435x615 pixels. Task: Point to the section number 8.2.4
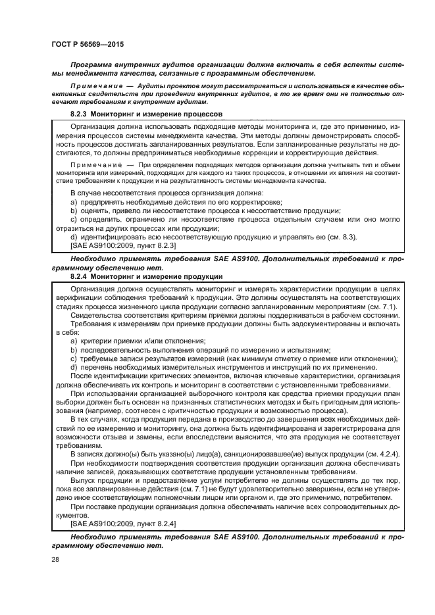pos(82,276)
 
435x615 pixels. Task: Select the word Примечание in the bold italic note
pos(101,87)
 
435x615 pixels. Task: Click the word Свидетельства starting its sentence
pos(95,314)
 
